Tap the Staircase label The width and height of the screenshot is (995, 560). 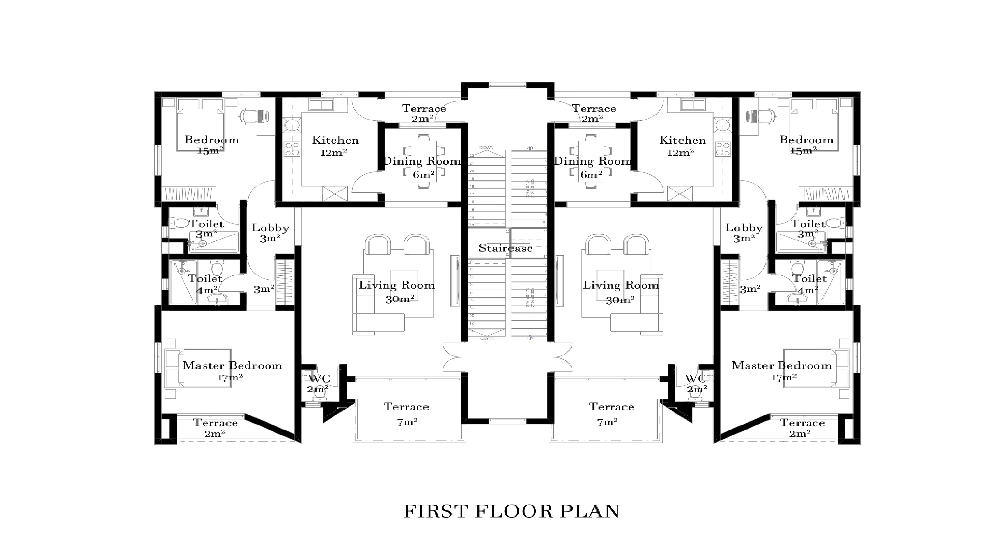[x=506, y=248]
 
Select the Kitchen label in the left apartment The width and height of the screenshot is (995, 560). [x=335, y=140]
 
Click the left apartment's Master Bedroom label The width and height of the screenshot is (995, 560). [x=232, y=365]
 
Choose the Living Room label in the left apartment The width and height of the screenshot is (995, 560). [x=397, y=285]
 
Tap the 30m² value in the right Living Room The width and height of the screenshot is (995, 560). [x=620, y=299]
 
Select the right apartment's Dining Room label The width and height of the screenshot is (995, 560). [x=592, y=161]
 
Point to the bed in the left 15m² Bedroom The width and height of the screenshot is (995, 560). [x=200, y=129]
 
